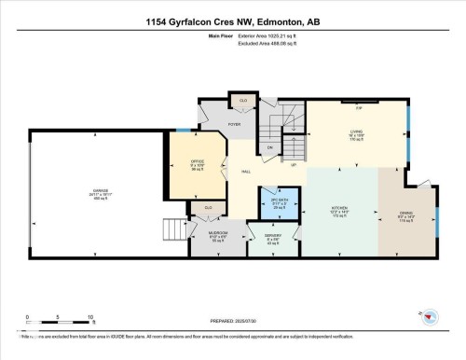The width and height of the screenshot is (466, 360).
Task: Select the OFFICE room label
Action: coord(197,160)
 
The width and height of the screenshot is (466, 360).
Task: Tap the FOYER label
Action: coord(236,123)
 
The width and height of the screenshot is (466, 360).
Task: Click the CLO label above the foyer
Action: coord(242,99)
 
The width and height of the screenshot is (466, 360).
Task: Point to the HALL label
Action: coord(245,173)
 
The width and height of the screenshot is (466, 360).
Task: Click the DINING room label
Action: coord(406,214)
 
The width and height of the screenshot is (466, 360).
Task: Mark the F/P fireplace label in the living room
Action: coord(358,108)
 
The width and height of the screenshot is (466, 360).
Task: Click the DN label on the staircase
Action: coord(269,147)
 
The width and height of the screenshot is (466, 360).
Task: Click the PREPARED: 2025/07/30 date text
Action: coord(232,322)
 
